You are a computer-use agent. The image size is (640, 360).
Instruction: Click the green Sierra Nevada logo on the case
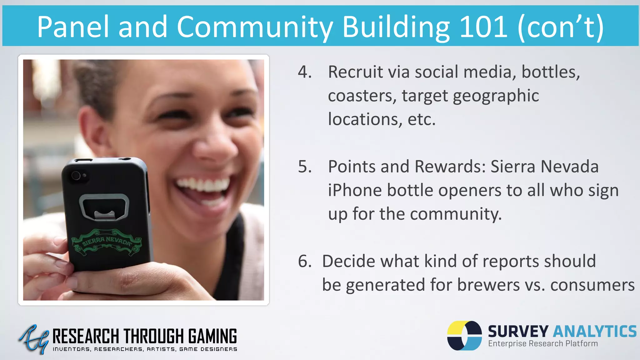click(106, 242)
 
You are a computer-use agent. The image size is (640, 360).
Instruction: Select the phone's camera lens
click(76, 176)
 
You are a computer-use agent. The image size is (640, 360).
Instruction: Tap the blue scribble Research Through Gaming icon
click(34, 339)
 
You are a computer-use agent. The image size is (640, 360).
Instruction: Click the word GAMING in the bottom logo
click(212, 337)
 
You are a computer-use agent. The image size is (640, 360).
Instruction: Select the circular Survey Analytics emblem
click(464, 335)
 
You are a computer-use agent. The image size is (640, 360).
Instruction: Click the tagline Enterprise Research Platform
click(543, 344)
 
